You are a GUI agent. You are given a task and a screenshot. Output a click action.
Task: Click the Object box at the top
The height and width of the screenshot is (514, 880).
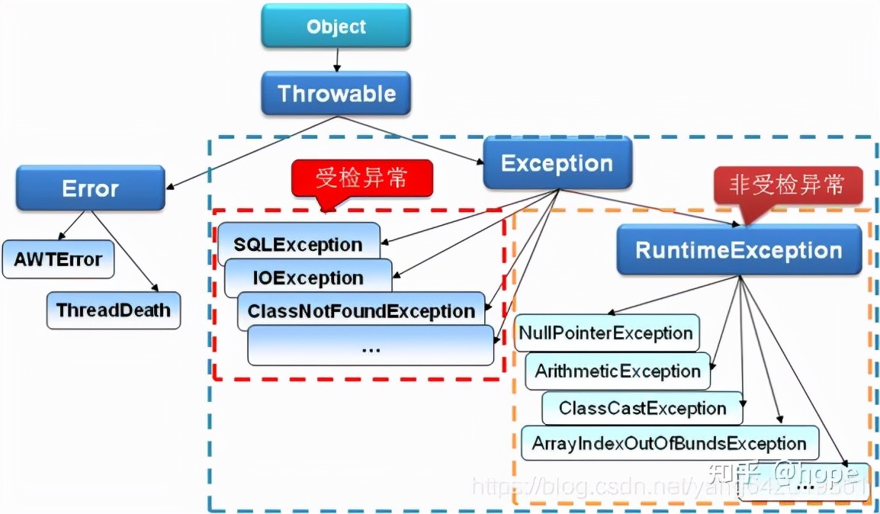coord(336,26)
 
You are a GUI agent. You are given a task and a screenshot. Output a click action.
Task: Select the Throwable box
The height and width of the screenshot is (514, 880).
coord(336,94)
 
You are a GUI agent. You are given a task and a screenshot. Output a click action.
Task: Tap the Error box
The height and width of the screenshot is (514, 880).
coord(90,188)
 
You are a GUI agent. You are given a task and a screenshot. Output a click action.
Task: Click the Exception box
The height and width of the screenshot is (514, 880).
coord(557,163)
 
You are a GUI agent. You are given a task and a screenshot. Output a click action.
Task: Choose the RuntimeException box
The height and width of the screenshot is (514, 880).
coord(739,250)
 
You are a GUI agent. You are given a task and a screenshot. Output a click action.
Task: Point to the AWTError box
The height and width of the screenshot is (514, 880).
coord(58,259)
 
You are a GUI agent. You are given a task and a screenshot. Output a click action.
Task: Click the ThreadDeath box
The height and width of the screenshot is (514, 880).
coord(113,310)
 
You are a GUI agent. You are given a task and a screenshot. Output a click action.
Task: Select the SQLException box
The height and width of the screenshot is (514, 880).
coord(298,243)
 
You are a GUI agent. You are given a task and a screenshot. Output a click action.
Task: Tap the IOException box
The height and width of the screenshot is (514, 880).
coord(308,278)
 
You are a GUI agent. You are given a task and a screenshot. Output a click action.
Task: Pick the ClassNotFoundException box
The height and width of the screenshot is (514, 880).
coord(361,311)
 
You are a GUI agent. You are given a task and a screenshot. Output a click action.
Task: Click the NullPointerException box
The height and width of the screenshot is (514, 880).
coord(606,333)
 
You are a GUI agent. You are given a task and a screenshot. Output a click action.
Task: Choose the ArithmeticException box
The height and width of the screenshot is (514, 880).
coord(618,371)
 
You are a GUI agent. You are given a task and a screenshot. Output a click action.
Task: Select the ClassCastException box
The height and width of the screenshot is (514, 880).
coord(642,408)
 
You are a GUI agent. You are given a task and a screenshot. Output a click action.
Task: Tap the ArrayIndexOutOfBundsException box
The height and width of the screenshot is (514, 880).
coord(669,443)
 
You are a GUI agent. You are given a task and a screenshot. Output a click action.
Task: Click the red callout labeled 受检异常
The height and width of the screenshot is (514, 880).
coord(361,178)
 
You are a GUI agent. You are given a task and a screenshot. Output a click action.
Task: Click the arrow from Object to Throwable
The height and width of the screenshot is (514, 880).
coord(336,59)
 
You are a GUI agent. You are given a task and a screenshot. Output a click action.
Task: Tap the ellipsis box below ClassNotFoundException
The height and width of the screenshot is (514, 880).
coord(371,347)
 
